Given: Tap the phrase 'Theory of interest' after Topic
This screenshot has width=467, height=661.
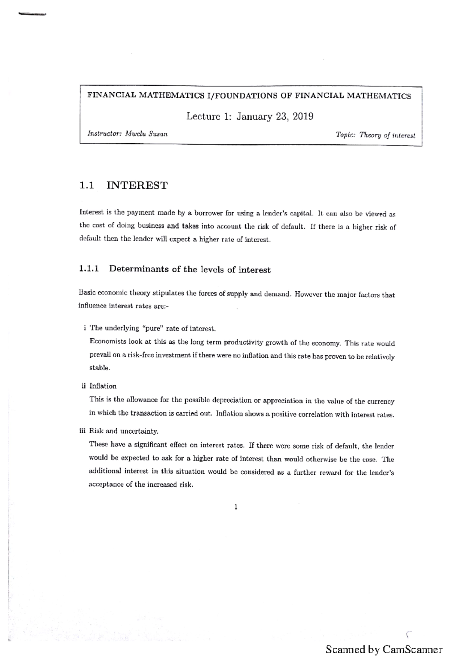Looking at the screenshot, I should coord(387,135).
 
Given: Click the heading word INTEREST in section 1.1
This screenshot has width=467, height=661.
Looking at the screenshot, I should coord(137,185).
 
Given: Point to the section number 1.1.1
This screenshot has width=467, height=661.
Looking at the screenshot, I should coord(89,269).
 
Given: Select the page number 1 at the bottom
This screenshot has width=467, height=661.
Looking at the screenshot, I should coord(236,507).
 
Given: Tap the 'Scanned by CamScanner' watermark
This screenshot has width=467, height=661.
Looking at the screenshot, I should coord(384,649).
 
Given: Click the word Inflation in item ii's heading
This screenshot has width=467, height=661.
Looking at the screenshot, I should coord(103,386).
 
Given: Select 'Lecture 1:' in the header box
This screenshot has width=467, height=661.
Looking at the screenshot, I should coord(209,116).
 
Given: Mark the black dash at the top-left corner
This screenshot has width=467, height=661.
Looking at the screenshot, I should coord(32,14).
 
